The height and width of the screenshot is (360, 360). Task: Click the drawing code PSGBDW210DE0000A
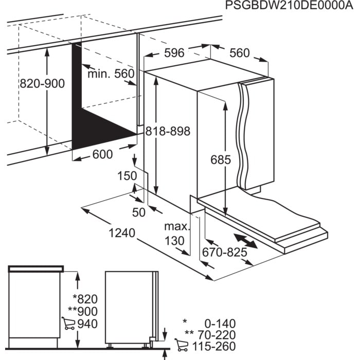click(x=290, y=6)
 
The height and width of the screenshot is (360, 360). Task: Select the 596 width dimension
click(x=174, y=52)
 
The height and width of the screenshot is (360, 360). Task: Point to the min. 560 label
click(x=110, y=74)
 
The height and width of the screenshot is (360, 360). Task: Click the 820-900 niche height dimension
click(x=42, y=83)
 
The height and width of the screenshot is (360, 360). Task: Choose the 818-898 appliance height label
click(x=167, y=132)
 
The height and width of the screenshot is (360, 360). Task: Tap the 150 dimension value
click(x=128, y=176)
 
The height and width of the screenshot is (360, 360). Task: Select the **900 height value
click(x=82, y=312)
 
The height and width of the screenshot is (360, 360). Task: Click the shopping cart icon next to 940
click(x=68, y=323)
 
